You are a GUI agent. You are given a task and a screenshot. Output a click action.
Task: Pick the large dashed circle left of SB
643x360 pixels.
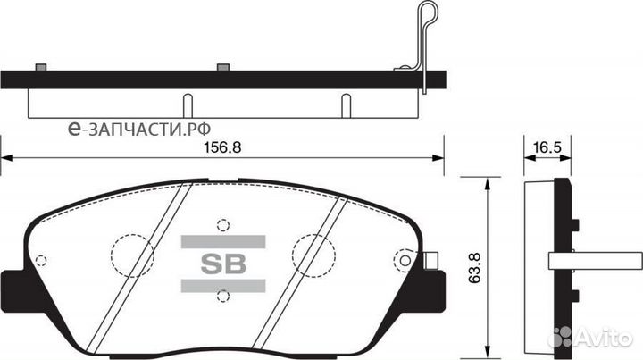tap(131, 255)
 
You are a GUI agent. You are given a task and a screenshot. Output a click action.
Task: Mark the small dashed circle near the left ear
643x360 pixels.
tap(39, 261)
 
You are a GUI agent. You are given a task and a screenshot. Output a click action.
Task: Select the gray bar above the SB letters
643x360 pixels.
tap(223, 239)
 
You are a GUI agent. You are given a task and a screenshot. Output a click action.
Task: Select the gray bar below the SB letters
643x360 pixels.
tap(223, 285)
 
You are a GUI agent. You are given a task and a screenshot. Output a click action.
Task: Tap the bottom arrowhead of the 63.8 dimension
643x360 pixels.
tap(485, 343)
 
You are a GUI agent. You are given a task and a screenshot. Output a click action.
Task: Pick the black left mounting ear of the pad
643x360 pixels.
tap(12, 286)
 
